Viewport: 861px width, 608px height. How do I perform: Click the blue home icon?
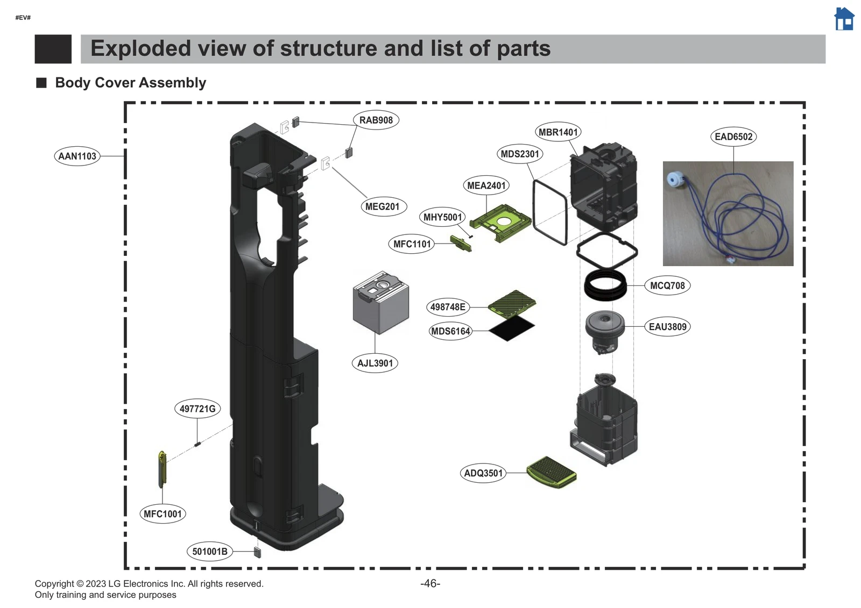(x=844, y=19)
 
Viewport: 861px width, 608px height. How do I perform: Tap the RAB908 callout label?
(x=376, y=120)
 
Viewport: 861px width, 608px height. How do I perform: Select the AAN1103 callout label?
(x=77, y=156)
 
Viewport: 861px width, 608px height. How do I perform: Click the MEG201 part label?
(x=383, y=206)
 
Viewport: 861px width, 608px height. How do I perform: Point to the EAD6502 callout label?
(x=733, y=137)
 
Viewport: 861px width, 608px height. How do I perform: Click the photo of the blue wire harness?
(x=728, y=213)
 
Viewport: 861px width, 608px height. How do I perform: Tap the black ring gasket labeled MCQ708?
(x=605, y=285)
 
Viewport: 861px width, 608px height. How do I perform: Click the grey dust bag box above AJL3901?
(x=380, y=303)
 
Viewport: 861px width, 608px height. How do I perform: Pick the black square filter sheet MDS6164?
(x=511, y=328)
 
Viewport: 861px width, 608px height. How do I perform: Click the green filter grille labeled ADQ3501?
(x=551, y=472)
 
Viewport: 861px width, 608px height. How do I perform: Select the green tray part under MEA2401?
(x=500, y=222)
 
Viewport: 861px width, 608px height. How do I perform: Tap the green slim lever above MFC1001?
(x=163, y=469)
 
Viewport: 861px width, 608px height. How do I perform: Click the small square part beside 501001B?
(x=257, y=552)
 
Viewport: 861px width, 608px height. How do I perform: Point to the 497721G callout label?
(x=197, y=409)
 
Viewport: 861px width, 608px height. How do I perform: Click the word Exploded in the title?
(x=140, y=48)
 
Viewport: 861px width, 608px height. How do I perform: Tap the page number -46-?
(x=430, y=583)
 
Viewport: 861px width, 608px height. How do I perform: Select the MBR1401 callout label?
(x=558, y=132)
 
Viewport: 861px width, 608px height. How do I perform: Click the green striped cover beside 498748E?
(x=512, y=303)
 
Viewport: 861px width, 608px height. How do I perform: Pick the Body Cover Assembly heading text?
(x=130, y=83)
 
